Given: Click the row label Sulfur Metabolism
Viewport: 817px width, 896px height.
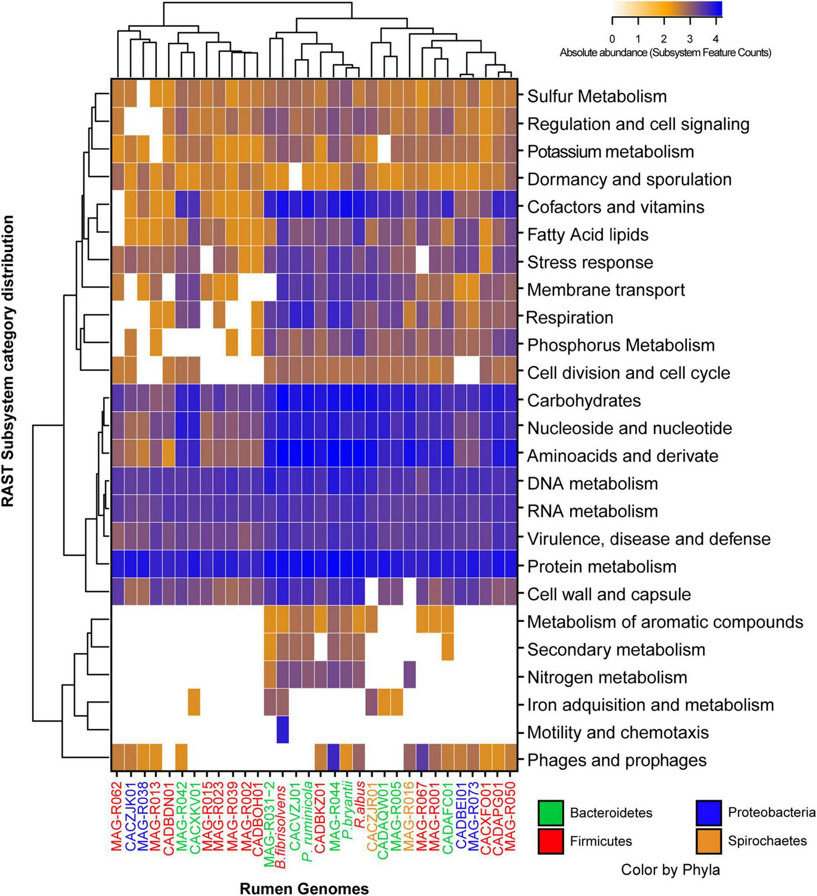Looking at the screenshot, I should click(x=597, y=96).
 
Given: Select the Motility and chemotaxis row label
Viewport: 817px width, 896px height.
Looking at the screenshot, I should click(x=617, y=732).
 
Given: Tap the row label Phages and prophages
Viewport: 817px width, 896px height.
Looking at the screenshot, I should click(x=616, y=760).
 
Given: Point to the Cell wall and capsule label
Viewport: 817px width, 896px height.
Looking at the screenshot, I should click(x=608, y=594).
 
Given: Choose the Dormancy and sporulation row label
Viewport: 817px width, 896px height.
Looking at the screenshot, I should click(x=629, y=179).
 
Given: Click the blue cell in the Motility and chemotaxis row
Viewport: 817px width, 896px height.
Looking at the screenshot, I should click(x=282, y=730).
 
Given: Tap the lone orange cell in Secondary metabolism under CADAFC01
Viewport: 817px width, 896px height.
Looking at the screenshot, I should click(x=447, y=647).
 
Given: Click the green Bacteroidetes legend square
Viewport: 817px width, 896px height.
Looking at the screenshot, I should click(x=551, y=813).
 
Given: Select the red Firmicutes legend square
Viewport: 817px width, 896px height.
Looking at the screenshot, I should click(x=551, y=841).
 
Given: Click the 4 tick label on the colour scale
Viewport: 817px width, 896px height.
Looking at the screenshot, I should click(x=715, y=39).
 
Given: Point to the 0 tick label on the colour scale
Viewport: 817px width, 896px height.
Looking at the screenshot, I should click(x=612, y=39).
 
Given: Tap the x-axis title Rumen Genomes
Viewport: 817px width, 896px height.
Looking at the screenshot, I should click(x=304, y=888).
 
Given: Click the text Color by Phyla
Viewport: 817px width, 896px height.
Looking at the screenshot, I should click(x=670, y=870).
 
